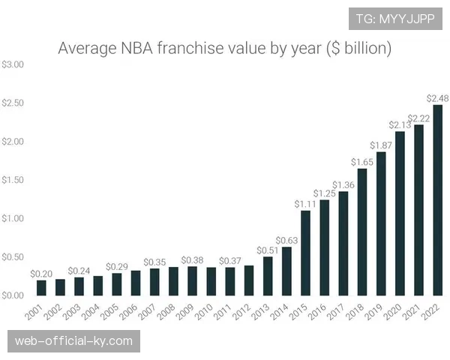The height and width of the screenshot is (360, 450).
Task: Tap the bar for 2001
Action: pyautogui.click(x=41, y=287)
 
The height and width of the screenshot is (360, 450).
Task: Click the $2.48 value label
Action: pyautogui.click(x=438, y=98)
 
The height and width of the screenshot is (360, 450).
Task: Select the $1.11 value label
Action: pyautogui.click(x=305, y=204)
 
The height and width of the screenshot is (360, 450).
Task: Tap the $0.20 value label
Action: pyautogui.click(x=41, y=274)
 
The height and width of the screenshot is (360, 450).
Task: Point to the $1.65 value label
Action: pyautogui.click(x=362, y=162)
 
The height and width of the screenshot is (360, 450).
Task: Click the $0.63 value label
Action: pyautogui.click(x=286, y=241)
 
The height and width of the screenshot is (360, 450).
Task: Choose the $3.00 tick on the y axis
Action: pyautogui.click(x=13, y=64)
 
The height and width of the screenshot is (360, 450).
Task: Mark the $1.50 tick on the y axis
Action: pyautogui.click(x=13, y=180)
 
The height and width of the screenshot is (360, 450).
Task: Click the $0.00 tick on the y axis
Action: pyautogui.click(x=13, y=295)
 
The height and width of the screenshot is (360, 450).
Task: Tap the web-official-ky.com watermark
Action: pyautogui.click(x=74, y=341)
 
